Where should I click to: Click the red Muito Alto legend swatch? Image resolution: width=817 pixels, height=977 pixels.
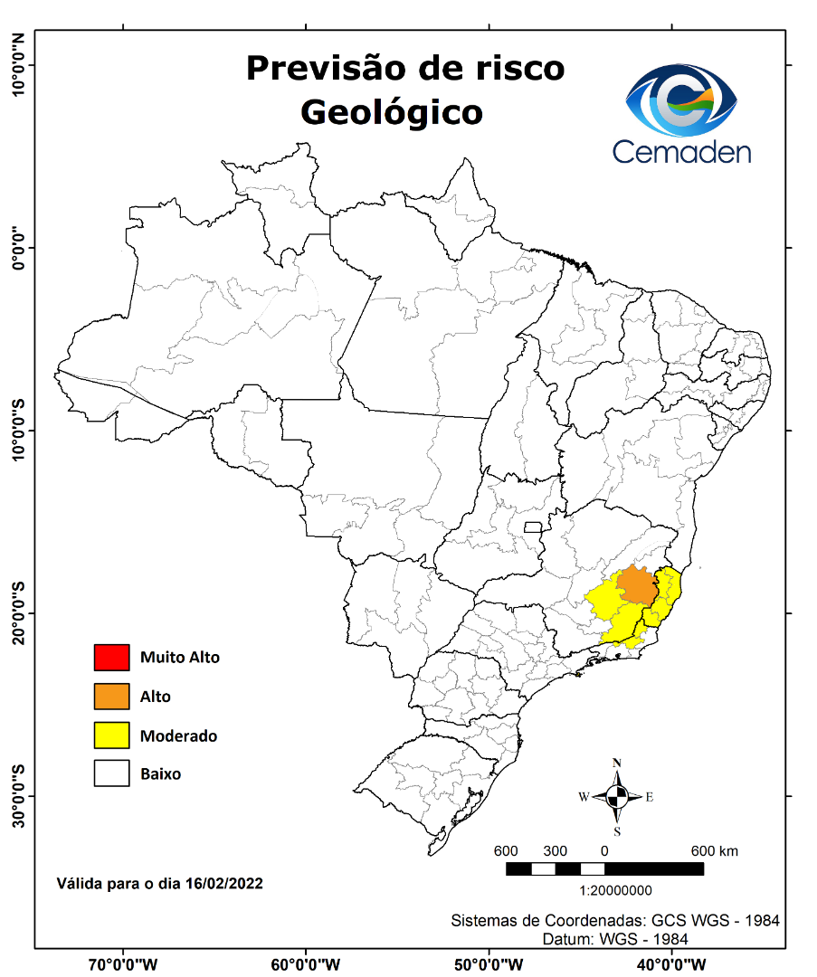click(112, 658)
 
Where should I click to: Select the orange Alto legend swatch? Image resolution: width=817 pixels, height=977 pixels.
click(112, 697)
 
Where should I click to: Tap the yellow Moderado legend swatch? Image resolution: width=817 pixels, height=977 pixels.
click(112, 735)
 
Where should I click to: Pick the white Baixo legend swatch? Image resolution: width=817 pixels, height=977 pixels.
click(112, 774)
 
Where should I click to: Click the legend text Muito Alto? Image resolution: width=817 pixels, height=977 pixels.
click(179, 658)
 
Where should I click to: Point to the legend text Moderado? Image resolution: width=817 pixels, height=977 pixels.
click(178, 736)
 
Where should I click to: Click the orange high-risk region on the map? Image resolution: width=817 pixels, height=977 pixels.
click(637, 585)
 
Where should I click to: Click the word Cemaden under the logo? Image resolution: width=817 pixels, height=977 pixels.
click(681, 151)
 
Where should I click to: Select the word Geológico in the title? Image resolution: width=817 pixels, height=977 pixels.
click(391, 112)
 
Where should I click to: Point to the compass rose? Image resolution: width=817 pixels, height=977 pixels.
click(617, 797)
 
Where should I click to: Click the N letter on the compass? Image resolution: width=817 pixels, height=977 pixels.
click(617, 763)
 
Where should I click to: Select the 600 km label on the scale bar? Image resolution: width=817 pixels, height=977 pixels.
click(715, 851)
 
